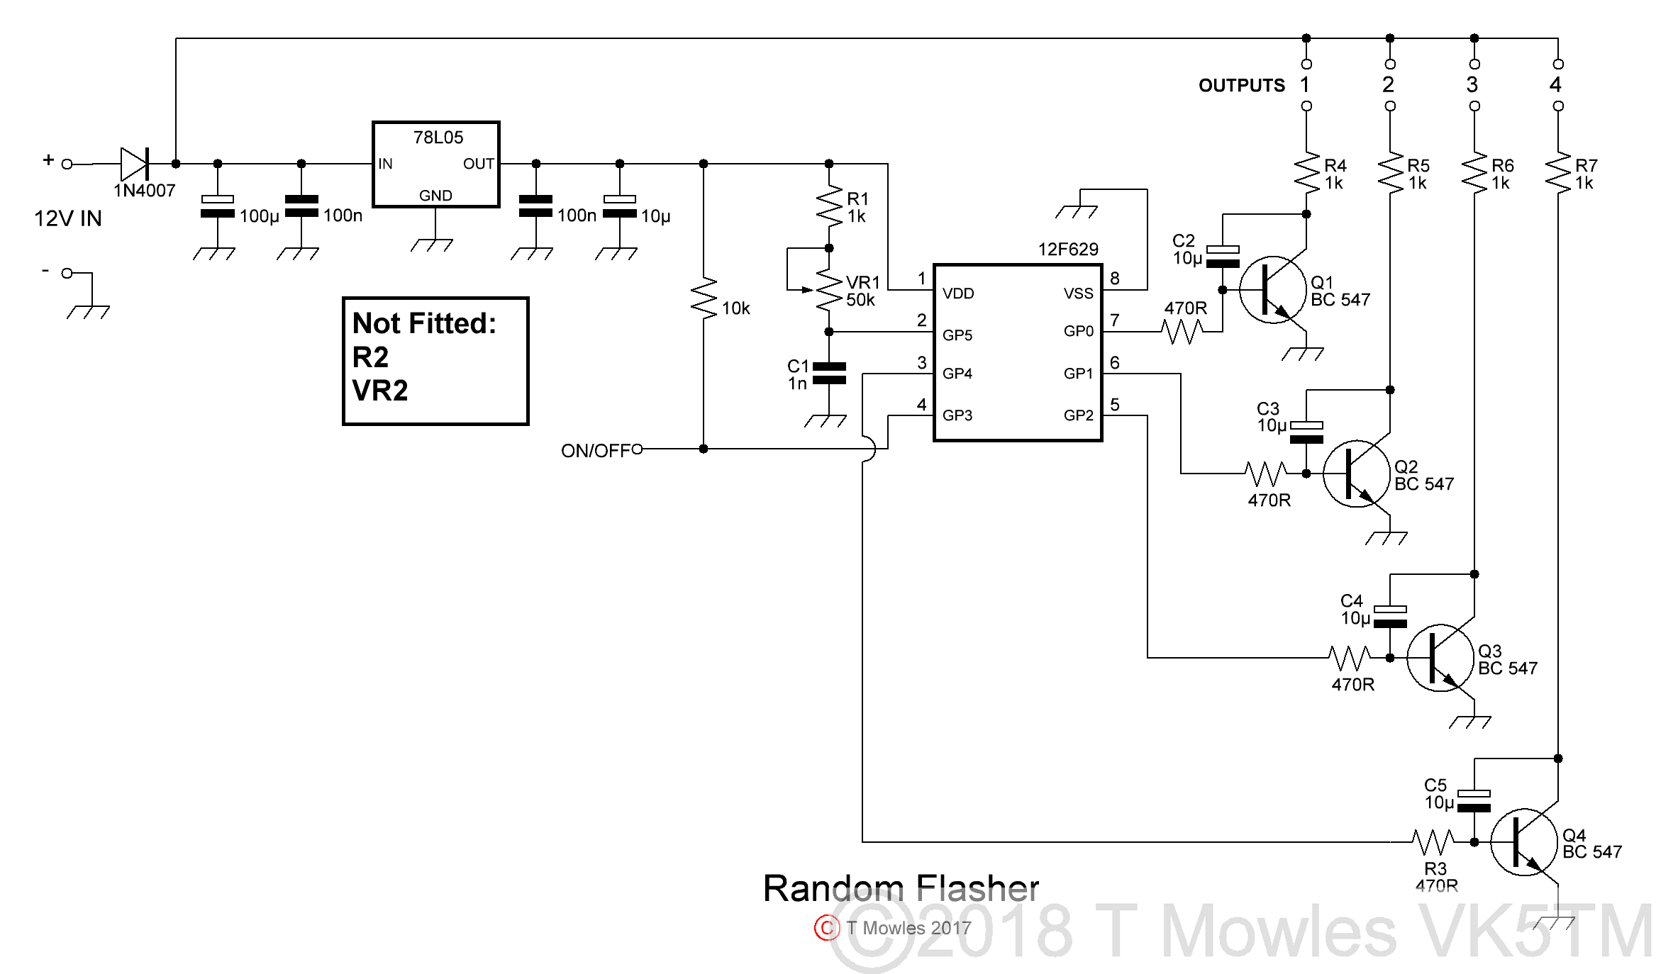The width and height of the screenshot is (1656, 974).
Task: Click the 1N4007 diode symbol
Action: point(134,164)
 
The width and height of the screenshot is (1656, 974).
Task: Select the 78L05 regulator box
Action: point(435,164)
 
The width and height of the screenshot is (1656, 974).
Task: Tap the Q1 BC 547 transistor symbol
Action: point(1272,290)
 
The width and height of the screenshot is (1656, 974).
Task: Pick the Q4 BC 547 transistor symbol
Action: point(1524,842)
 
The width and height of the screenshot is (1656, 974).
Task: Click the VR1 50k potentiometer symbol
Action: point(828,289)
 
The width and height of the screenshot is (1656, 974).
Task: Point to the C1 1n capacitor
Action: point(828,373)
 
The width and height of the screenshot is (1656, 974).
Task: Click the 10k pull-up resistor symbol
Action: point(704,298)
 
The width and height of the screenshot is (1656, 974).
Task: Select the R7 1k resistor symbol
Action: point(1558,174)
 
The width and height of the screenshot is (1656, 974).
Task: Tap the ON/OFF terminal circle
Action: point(637,449)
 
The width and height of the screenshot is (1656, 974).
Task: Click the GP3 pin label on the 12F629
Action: point(957,415)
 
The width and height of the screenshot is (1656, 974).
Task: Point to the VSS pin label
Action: point(1078,293)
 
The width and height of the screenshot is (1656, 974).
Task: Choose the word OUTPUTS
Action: point(1241,86)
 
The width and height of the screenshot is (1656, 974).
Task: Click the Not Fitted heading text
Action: point(424,323)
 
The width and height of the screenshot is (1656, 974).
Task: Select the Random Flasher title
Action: point(901,888)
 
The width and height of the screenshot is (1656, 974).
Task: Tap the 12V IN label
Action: point(68,218)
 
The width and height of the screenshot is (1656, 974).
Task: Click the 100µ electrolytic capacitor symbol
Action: point(218,206)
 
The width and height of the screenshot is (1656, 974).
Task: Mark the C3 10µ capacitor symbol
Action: point(1306,432)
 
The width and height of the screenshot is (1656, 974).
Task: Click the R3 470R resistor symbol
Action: point(1433,842)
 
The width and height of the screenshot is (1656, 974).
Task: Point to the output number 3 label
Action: point(1472,85)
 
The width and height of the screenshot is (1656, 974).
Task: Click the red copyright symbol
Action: point(827,928)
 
